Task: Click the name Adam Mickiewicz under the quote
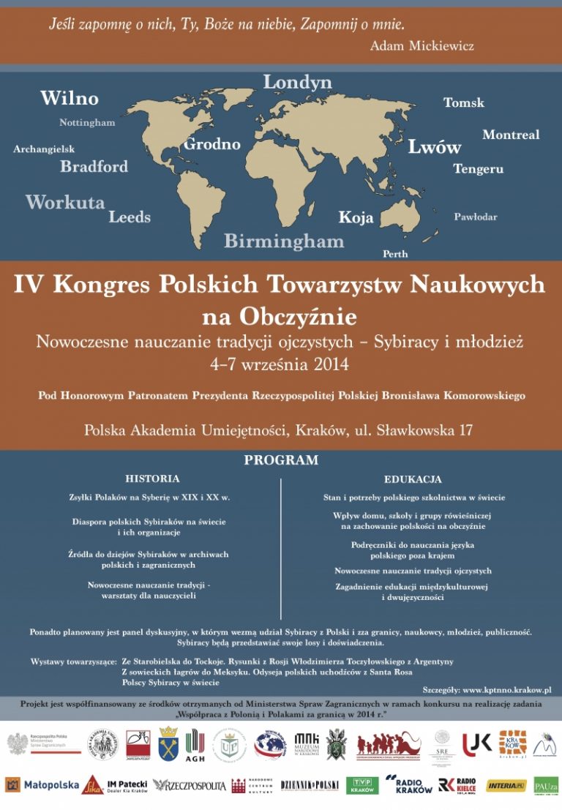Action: [422, 46]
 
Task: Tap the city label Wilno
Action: [70, 98]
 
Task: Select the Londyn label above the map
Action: [298, 82]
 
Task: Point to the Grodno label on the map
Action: [211, 144]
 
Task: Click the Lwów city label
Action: [435, 147]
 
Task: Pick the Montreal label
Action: [511, 135]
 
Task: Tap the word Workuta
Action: [65, 203]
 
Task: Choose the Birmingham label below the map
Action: [284, 241]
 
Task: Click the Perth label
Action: [395, 254]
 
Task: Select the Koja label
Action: [356, 217]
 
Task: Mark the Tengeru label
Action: [478, 169]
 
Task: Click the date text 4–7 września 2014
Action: [280, 363]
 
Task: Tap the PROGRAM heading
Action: [281, 460]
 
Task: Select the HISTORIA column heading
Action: [152, 479]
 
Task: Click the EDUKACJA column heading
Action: [413, 479]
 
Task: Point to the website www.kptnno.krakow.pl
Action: [506, 689]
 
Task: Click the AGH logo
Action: [195, 746]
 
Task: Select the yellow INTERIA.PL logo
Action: [506, 785]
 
